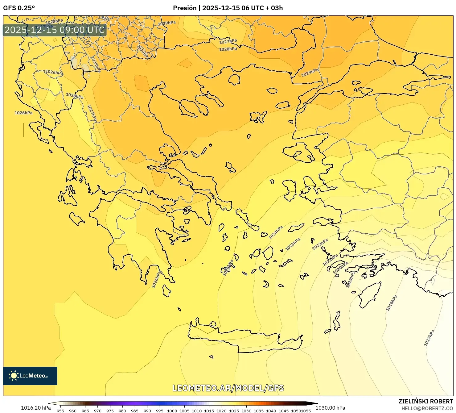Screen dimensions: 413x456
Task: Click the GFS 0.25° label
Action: [19, 8]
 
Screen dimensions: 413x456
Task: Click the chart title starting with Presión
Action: [228, 8]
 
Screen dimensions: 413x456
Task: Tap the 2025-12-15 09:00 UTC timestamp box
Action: [55, 30]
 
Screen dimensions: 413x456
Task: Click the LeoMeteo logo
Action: [30, 376]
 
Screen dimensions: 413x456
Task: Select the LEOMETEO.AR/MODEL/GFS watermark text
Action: [228, 388]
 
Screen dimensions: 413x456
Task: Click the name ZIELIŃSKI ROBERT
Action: [426, 402]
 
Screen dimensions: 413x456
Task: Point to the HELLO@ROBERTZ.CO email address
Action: [427, 408]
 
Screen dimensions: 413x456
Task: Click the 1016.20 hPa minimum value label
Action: [36, 408]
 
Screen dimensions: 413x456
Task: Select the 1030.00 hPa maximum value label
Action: [330, 408]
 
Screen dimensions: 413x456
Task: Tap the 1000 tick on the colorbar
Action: [172, 411]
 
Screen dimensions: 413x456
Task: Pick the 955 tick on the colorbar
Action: [60, 411]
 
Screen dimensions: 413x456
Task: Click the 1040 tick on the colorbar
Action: [271, 411]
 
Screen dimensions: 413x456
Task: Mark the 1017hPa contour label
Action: [429, 338]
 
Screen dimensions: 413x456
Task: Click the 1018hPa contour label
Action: [392, 303]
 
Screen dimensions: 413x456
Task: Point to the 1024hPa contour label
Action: [276, 232]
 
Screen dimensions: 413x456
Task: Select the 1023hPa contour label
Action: [293, 244]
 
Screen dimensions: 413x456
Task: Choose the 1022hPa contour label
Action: [320, 244]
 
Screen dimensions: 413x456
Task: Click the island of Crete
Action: [244, 340]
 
